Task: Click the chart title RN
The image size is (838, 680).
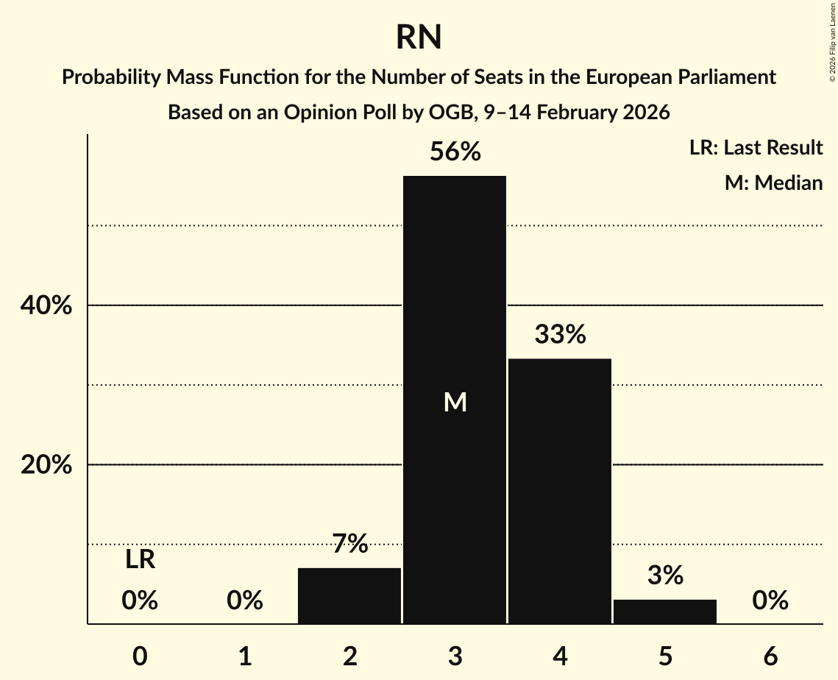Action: pos(419,38)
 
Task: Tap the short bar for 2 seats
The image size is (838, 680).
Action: pos(349,595)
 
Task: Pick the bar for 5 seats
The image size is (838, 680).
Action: pos(665,612)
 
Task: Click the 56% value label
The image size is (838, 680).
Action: pos(455,152)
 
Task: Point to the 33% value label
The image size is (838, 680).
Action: pos(560,335)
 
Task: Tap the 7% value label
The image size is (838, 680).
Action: pos(349,545)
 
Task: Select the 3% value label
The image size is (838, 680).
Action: pos(665,575)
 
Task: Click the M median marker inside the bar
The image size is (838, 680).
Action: pos(455,402)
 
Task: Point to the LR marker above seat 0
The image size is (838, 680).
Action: pos(140,560)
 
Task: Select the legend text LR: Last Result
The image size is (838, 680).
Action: pos(756,148)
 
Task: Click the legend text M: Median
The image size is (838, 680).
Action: pos(773,183)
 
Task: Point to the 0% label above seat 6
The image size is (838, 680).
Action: pos(770,601)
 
